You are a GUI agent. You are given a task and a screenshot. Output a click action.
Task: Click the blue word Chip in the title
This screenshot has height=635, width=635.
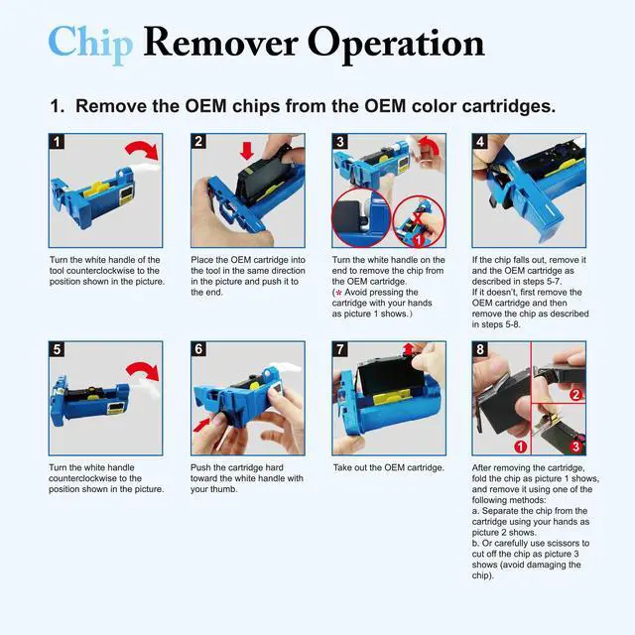(x=90, y=44)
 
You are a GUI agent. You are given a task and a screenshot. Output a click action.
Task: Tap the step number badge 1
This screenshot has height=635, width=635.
(x=57, y=141)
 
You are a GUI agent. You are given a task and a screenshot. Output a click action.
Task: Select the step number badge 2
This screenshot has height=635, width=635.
(x=198, y=141)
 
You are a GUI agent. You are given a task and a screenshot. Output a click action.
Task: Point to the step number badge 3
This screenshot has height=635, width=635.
(x=339, y=141)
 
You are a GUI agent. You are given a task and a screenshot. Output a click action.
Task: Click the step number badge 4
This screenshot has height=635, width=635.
(x=480, y=141)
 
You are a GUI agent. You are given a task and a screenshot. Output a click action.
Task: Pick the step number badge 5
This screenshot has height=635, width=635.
(x=57, y=349)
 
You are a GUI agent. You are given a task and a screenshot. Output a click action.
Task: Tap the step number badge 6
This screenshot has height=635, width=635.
(x=198, y=349)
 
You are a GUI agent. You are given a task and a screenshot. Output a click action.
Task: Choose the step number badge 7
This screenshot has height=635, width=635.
(x=339, y=349)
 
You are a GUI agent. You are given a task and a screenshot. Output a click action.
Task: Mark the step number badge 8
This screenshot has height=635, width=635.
(x=480, y=349)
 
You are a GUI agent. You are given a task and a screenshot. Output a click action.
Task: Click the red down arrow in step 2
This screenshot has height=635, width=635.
(x=247, y=150)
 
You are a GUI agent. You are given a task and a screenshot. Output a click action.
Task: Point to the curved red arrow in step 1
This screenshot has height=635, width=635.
(x=144, y=149)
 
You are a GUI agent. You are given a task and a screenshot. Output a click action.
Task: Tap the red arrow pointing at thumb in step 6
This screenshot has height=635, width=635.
(x=202, y=425)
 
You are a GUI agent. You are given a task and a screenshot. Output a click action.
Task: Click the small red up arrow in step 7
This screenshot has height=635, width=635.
(x=408, y=349)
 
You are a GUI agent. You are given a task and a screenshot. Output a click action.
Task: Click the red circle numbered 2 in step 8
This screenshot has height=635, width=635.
(x=575, y=394)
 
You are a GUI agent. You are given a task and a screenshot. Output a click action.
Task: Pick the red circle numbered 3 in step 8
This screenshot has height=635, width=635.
(x=575, y=446)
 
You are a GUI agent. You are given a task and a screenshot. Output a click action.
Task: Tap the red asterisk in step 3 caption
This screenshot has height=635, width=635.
(x=338, y=293)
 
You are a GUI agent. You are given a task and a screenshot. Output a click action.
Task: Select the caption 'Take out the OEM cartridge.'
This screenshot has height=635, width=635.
(x=389, y=467)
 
